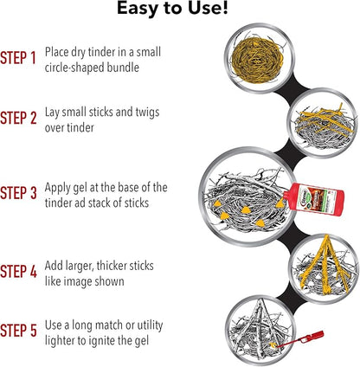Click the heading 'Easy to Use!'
[x=172, y=8]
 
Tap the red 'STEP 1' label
[x=18, y=58]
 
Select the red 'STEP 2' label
[x=18, y=118]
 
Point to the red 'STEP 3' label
[x=18, y=193]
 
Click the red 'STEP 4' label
[x=18, y=272]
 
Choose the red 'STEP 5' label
[x=18, y=331]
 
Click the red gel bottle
[x=313, y=199]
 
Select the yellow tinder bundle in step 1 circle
[x=257, y=60]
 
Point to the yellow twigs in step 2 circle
[x=325, y=119]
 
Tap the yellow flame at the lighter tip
[x=272, y=345]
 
